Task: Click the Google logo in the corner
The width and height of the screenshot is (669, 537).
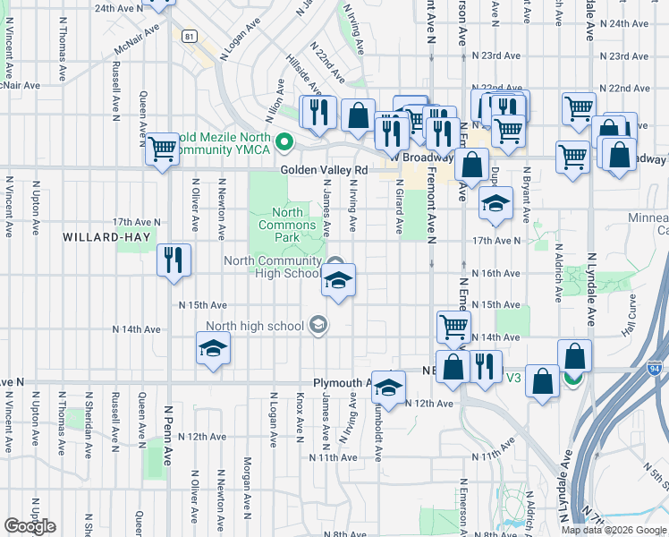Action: point(30,526)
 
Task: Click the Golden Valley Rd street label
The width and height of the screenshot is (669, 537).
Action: point(324,169)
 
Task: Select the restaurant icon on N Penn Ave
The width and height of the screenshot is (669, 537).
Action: point(174,260)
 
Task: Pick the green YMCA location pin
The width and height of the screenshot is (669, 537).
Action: point(284,141)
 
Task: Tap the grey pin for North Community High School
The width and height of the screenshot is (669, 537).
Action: point(335,262)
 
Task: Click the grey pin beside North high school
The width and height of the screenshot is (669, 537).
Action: point(318,326)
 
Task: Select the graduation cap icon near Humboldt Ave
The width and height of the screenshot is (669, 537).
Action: point(387,387)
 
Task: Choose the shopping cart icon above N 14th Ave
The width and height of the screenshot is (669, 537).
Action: point(454,327)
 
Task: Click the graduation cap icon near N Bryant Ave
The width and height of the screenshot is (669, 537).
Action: point(495,203)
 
